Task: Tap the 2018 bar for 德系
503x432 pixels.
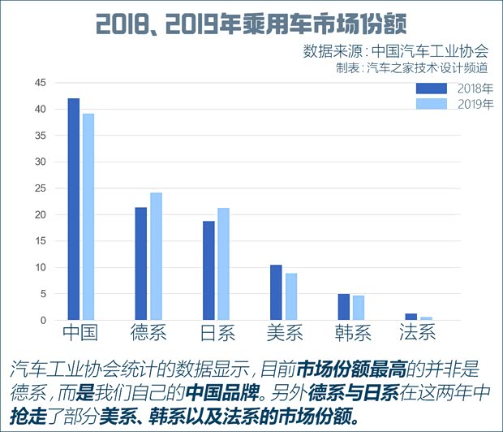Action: point(141,264)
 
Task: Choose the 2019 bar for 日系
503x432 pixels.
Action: point(223,264)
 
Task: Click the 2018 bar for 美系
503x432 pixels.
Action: point(276,292)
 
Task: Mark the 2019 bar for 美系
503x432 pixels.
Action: point(290,297)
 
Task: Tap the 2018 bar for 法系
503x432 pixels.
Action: point(411,317)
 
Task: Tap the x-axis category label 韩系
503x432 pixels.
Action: point(352,332)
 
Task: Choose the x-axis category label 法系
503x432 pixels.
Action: point(419,332)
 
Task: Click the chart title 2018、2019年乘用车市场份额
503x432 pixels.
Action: point(251,24)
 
